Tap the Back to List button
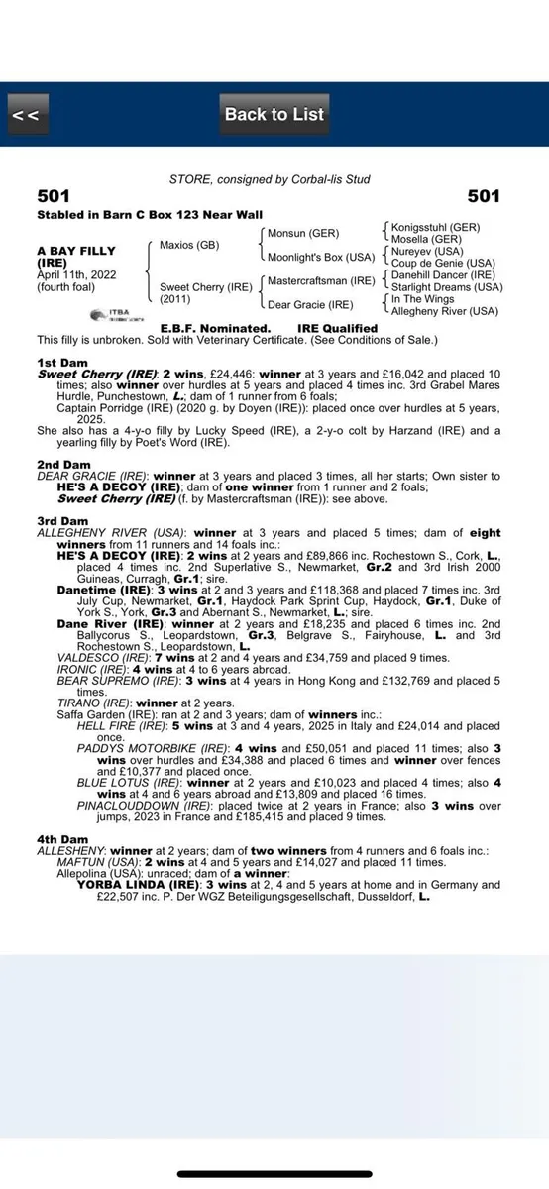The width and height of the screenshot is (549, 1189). (x=274, y=115)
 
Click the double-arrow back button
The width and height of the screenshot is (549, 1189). (x=27, y=115)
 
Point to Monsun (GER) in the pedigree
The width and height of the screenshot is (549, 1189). (x=303, y=233)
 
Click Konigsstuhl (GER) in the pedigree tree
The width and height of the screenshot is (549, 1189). (x=435, y=227)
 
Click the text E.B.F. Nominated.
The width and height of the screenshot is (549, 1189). (x=215, y=328)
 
